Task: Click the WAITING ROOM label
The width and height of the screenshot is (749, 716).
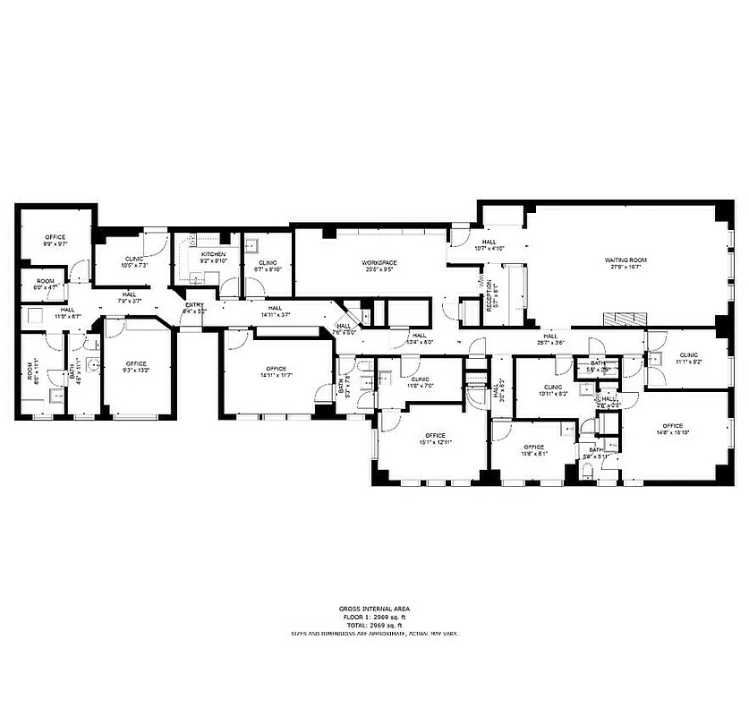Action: point(625,260)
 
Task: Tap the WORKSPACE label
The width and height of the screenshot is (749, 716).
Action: point(379,262)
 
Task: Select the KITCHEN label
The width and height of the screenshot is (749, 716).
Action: point(213,255)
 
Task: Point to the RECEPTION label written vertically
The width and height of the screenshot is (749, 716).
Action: point(489,294)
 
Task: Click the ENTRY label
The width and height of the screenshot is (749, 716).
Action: point(194,304)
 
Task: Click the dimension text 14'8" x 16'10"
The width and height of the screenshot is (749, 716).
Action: point(672,432)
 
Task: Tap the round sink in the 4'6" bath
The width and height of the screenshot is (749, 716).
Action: point(91,364)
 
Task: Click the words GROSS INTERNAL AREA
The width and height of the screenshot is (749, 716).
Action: point(374,609)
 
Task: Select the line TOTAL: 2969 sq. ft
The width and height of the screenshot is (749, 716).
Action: point(374,625)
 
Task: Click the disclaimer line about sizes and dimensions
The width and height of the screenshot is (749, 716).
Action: point(374,633)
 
